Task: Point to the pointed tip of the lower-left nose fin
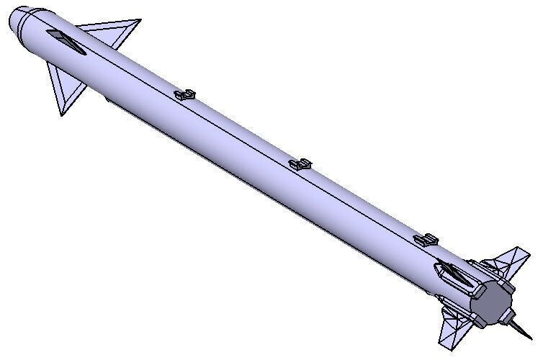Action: tap(62, 114)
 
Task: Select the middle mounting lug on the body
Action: tap(301, 164)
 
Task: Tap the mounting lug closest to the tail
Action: tap(427, 240)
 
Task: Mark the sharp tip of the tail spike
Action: tap(531, 339)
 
